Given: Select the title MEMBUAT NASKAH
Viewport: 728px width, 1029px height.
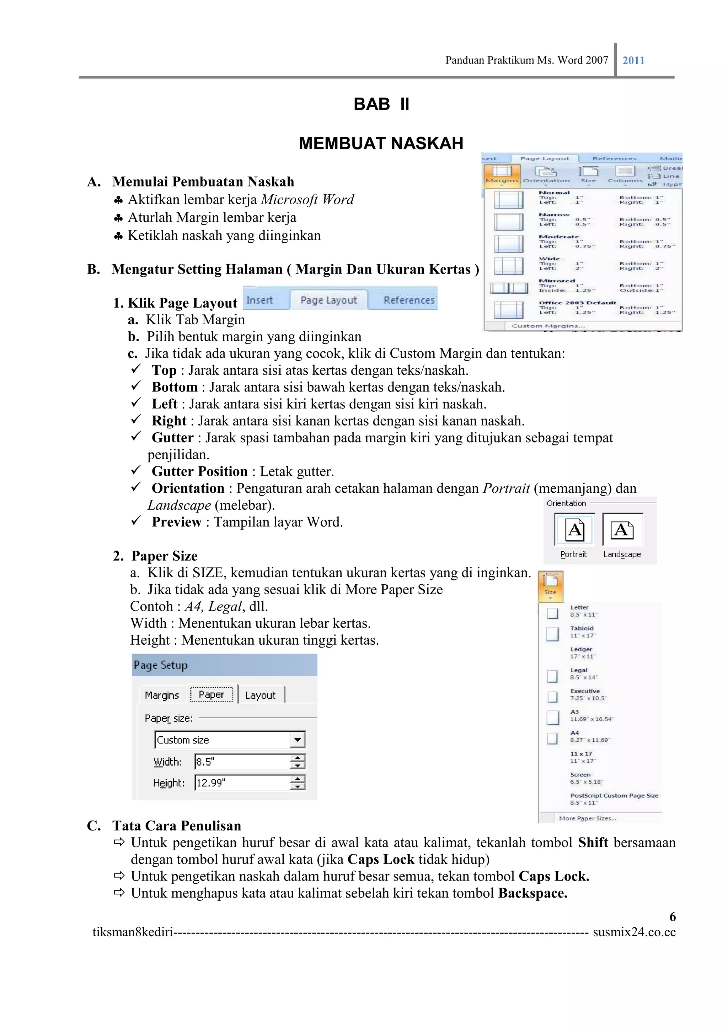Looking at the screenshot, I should pyautogui.click(x=381, y=143).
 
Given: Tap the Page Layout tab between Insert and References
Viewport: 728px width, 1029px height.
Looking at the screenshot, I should pyautogui.click(x=328, y=300).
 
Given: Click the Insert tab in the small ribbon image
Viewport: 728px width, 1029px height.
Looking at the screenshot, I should pyautogui.click(x=260, y=300).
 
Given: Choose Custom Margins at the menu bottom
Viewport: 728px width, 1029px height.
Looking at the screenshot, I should pyautogui.click(x=548, y=326).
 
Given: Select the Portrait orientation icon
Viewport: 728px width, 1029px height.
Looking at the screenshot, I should pyautogui.click(x=574, y=530).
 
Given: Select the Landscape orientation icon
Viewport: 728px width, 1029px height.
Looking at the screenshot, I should pyautogui.click(x=622, y=530).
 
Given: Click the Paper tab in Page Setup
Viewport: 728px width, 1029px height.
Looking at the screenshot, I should pyautogui.click(x=211, y=694).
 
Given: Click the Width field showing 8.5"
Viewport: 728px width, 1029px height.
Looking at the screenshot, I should pyautogui.click(x=242, y=762).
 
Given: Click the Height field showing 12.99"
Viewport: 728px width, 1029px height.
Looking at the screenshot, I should pyautogui.click(x=242, y=782).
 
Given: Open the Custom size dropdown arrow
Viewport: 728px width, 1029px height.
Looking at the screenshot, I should pyautogui.click(x=297, y=740).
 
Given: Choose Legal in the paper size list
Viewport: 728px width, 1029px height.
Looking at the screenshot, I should pyautogui.click(x=579, y=673).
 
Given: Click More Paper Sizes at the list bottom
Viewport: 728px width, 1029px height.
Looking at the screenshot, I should pyautogui.click(x=587, y=818).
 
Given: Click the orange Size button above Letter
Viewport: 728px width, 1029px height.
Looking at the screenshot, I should pyautogui.click(x=550, y=585).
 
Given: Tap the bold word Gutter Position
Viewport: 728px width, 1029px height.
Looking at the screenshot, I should pyautogui.click(x=200, y=471).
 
